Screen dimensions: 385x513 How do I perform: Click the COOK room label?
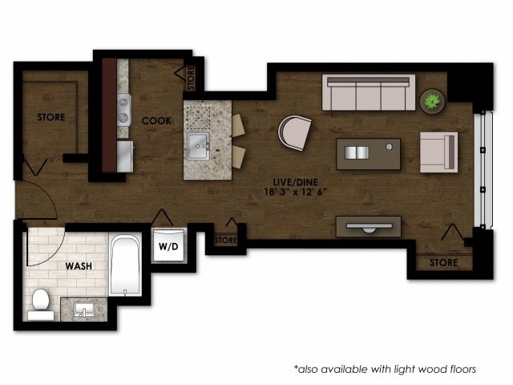pyautogui.click(x=156, y=120)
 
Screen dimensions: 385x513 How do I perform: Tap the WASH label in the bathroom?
pyautogui.click(x=79, y=265)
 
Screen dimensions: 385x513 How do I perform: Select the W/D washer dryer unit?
pyautogui.click(x=169, y=245)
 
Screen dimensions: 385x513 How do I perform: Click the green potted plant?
pyautogui.click(x=432, y=100)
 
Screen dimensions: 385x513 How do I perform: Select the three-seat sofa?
pyautogui.click(x=369, y=93)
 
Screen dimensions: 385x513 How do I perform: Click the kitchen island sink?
pyautogui.click(x=198, y=147)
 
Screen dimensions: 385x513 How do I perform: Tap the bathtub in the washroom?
pyautogui.click(x=125, y=264)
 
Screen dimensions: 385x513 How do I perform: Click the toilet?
pyautogui.click(x=40, y=302)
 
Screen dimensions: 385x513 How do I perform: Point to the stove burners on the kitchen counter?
pyautogui.click(x=124, y=109)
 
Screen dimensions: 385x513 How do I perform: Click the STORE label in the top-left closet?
pyautogui.click(x=51, y=117)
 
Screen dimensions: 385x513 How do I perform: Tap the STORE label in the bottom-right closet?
pyautogui.click(x=443, y=262)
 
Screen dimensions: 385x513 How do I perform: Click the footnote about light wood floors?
pyautogui.click(x=385, y=369)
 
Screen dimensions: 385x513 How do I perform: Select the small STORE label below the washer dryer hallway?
pyautogui.click(x=226, y=239)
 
